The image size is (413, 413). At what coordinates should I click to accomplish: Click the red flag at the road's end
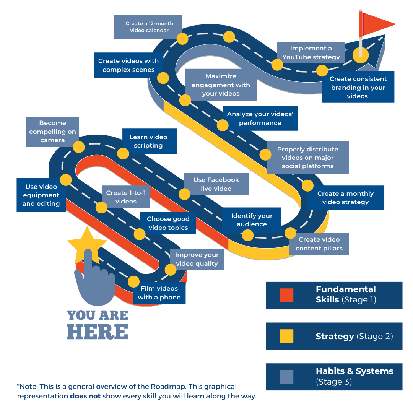click(x=377, y=24)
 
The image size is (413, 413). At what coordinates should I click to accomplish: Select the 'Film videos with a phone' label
click(x=159, y=293)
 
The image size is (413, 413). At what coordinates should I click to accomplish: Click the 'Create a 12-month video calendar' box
click(x=148, y=27)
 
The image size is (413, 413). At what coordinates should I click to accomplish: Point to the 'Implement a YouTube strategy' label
click(x=311, y=53)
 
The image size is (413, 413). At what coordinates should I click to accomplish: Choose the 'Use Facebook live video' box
click(x=216, y=184)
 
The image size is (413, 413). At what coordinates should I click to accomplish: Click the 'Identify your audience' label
click(x=252, y=220)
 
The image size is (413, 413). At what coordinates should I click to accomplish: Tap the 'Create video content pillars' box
click(x=319, y=244)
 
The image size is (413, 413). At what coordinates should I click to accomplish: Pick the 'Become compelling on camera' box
click(x=52, y=132)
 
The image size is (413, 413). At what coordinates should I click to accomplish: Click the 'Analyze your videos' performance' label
click(x=260, y=119)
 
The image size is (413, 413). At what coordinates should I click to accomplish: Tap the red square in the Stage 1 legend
click(x=286, y=295)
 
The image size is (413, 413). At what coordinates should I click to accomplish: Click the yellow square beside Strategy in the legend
click(x=286, y=336)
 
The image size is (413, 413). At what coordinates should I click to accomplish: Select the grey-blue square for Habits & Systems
click(x=286, y=377)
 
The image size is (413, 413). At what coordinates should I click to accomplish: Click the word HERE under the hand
click(x=98, y=331)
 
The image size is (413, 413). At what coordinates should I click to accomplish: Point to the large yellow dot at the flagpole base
click(x=360, y=55)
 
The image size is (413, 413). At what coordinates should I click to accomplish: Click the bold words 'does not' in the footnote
click(x=85, y=396)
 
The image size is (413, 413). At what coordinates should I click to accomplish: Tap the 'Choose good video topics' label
click(x=167, y=223)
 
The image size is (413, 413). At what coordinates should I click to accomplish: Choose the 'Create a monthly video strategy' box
click(x=345, y=198)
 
